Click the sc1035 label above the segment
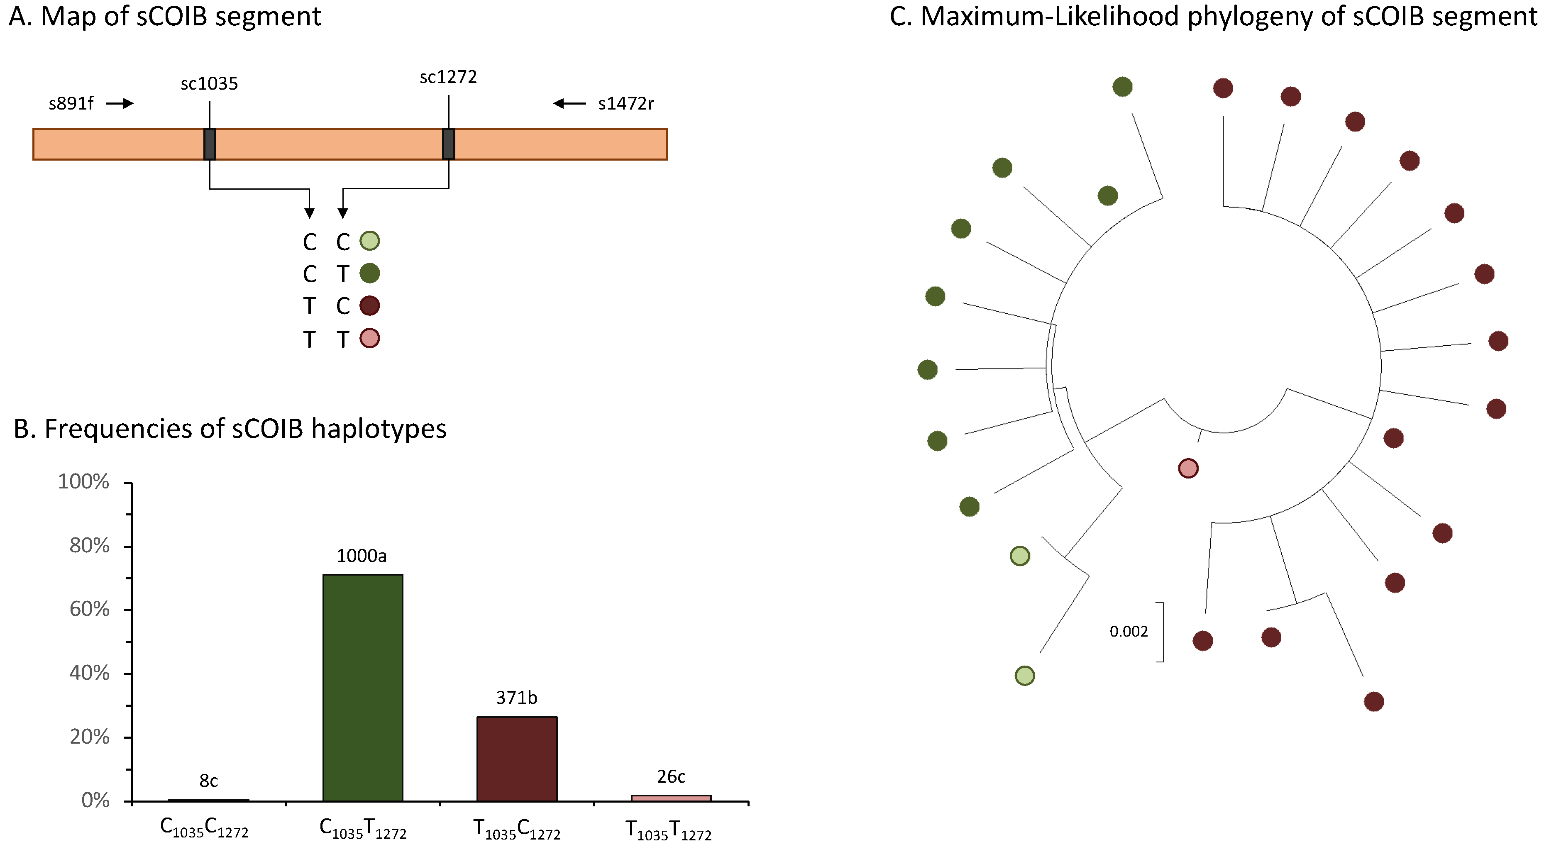[209, 84]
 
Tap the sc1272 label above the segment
[448, 77]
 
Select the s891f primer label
[71, 104]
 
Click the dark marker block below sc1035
[209, 144]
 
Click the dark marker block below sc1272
[448, 144]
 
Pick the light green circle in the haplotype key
[369, 241]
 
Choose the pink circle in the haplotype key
[369, 339]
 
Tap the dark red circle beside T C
[369, 306]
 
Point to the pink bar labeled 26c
[671, 798]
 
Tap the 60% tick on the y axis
[90, 610]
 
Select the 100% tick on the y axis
[84, 482]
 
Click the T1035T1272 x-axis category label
[668, 831]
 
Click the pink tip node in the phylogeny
[1188, 468]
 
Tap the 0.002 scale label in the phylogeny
[1128, 631]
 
